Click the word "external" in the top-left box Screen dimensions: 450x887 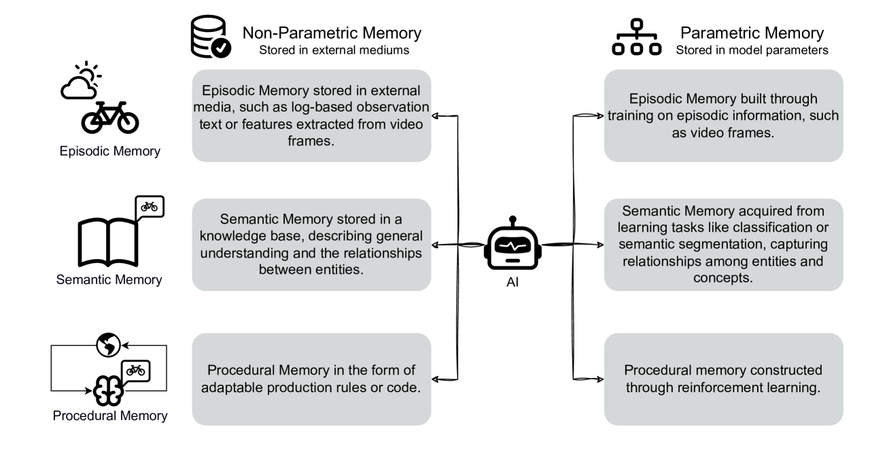pos(395,91)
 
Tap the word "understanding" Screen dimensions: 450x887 pos(249,253)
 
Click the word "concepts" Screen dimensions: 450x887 pos(723,277)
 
